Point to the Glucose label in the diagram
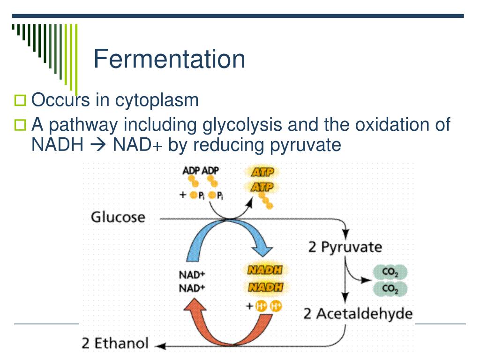[118, 218]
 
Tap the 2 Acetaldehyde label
[358, 313]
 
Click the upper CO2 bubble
[390, 272]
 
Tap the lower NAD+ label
[192, 288]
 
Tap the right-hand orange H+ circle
[277, 306]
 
